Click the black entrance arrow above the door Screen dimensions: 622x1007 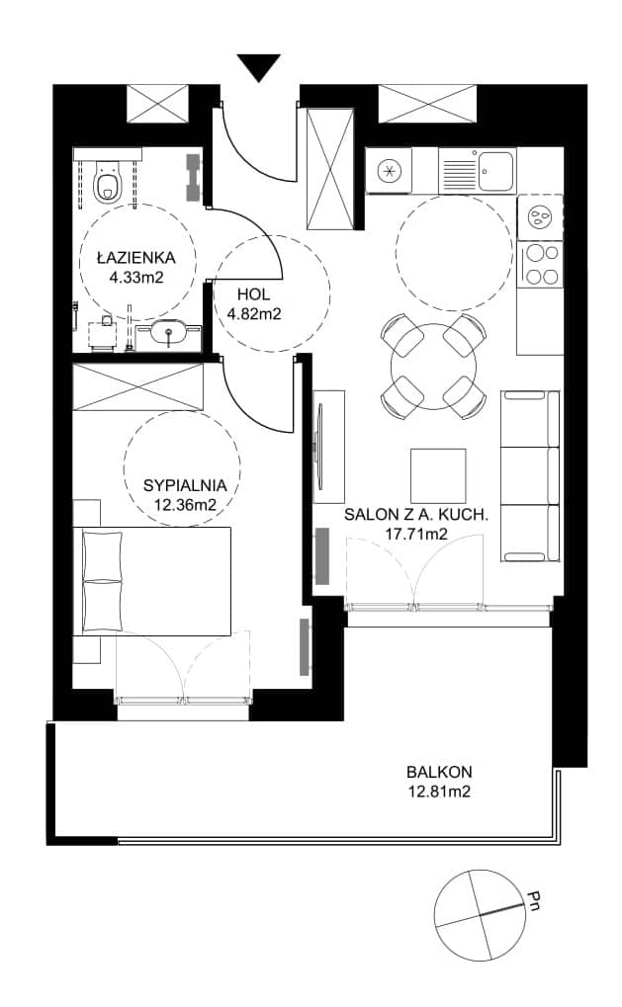tap(259, 67)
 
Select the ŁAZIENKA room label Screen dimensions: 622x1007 tap(136, 258)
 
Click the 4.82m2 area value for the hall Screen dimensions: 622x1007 tap(254, 314)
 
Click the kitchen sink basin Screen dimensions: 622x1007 tap(496, 171)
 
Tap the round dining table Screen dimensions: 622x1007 tap(434, 367)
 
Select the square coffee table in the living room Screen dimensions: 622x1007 tap(439, 476)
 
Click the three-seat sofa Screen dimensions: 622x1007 tap(530, 476)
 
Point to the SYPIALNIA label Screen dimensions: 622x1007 tap(185, 485)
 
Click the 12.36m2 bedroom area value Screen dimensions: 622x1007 tap(185, 505)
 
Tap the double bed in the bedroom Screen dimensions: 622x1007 tap(152, 581)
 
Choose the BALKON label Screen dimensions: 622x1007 tap(439, 772)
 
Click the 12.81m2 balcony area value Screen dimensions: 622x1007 tap(439, 792)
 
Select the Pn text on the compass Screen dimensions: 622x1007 tap(533, 900)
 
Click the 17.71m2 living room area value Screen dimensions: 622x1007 tap(416, 533)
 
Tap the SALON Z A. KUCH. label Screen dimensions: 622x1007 tap(416, 514)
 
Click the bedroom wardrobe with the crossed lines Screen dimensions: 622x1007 tap(138, 386)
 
